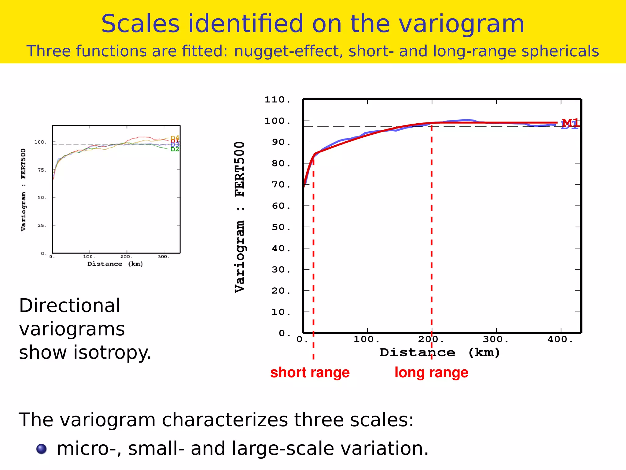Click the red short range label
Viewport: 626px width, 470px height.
click(310, 373)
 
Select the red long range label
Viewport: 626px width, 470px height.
click(431, 373)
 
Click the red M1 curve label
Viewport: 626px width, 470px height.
click(570, 123)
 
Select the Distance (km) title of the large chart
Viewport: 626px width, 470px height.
click(440, 352)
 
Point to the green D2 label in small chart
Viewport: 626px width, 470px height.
click(175, 149)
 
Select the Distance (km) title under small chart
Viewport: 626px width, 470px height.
click(115, 264)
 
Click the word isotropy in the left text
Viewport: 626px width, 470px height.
click(112, 352)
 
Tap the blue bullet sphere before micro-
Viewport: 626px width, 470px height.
click(42, 449)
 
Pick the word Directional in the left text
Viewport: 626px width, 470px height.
click(70, 306)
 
